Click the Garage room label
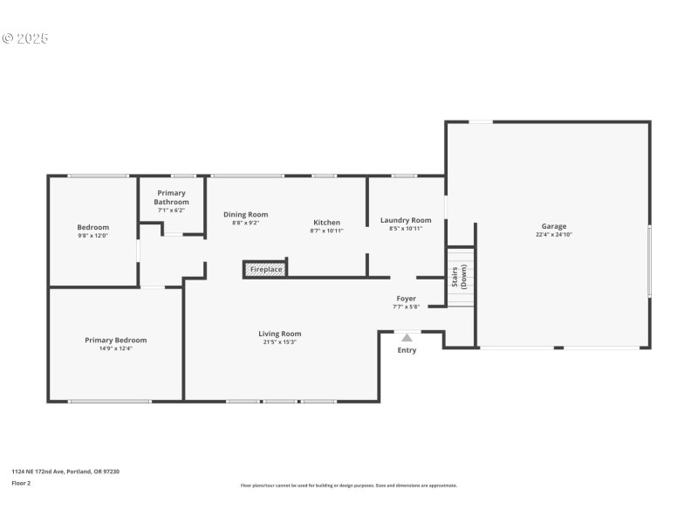[553, 226]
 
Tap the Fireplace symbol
[265, 269]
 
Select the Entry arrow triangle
[407, 337]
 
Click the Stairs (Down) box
[460, 276]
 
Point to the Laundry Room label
[406, 220]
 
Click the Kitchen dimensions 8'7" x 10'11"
[327, 231]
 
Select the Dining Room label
[245, 214]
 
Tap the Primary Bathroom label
[172, 197]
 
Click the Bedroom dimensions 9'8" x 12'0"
[93, 236]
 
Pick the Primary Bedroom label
[115, 340]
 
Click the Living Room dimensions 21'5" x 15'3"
[280, 342]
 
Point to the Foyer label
[406, 298]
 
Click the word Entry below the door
[407, 350]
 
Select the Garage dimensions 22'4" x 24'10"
[553, 235]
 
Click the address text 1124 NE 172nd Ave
[65, 472]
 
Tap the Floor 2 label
[21, 482]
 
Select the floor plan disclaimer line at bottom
[349, 486]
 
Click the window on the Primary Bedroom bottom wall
[110, 401]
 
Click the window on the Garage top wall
[481, 121]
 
